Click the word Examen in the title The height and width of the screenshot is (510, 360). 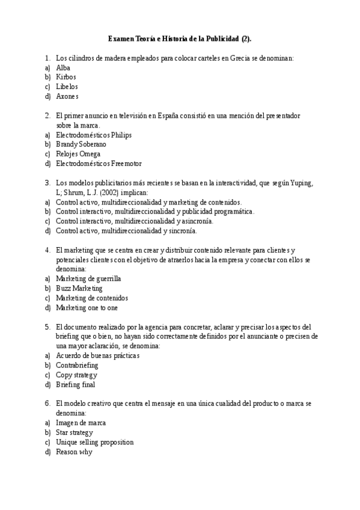121,38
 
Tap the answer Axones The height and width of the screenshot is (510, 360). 67,96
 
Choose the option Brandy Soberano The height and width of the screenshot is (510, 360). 81,144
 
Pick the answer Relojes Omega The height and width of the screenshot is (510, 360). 78,154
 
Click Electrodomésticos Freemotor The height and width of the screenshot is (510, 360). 99,164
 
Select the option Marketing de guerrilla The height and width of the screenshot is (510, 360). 88,279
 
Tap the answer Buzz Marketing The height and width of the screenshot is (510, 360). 79,289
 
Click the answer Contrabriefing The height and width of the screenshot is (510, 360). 77,365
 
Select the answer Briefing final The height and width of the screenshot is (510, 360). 75,384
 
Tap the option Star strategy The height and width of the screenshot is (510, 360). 74,432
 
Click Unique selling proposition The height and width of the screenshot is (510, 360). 94,442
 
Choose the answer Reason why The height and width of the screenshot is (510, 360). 73,452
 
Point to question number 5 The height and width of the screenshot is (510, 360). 47,327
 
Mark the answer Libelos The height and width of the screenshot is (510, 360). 67,87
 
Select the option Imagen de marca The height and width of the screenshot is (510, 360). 81,423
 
